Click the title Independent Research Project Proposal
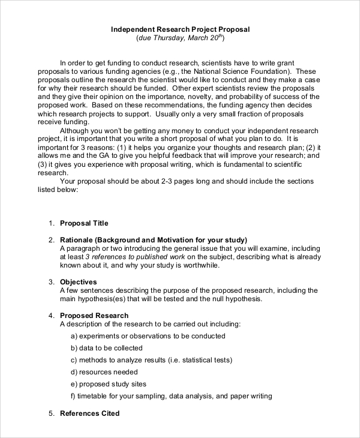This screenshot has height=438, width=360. coord(181,29)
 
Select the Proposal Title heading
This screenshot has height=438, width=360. coord(84,223)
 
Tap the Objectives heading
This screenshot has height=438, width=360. coord(78,282)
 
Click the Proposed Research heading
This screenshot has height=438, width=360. coord(94,316)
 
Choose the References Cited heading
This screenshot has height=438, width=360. coord(89,413)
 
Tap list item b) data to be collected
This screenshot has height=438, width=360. coord(107,348)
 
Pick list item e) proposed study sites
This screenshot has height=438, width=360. coord(109,384)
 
